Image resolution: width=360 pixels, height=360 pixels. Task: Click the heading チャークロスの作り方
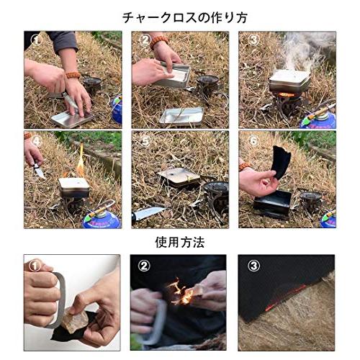point(185,17)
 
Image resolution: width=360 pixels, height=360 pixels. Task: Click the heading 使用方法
point(180,242)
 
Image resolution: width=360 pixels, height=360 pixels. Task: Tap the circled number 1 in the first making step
point(37,40)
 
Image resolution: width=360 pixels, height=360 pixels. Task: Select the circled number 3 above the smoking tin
point(253,40)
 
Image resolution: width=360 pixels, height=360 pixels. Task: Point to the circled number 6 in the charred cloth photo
point(253,140)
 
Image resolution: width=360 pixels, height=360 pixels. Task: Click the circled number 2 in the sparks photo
point(144,266)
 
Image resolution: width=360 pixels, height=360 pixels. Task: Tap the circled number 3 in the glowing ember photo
point(253,266)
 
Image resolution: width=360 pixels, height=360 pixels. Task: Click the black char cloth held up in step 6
point(282,162)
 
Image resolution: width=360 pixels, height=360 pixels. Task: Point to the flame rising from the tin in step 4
point(81,161)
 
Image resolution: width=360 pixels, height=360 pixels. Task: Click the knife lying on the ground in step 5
point(148,213)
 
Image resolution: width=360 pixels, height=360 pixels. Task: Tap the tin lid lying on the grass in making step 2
point(181,117)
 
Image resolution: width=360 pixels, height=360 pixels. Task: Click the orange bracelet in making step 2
point(158,42)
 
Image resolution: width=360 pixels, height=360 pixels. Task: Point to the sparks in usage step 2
point(179,291)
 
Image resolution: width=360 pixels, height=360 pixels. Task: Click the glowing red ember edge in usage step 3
point(286,298)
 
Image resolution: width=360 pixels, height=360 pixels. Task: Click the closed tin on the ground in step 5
point(179,177)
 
